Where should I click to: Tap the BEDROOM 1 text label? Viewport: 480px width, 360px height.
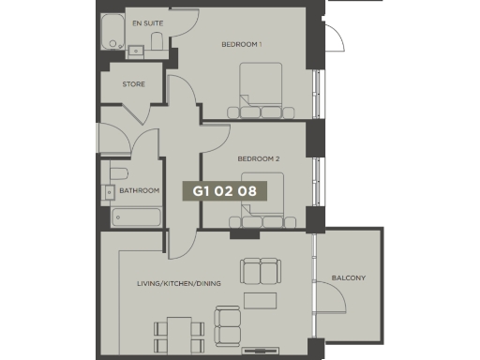pos(241,44)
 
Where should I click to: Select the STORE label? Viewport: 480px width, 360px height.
pos(134,84)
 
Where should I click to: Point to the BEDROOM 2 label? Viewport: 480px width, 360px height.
pos(259,159)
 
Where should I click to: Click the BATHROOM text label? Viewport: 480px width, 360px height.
pos(139,190)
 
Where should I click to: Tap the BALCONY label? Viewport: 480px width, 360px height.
pos(349,277)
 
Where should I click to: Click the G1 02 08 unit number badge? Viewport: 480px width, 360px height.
pos(224,190)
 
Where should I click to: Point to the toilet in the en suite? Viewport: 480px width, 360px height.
pos(157,38)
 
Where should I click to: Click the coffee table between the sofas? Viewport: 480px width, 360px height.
pos(260,301)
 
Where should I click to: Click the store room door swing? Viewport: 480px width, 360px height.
pos(141,110)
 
